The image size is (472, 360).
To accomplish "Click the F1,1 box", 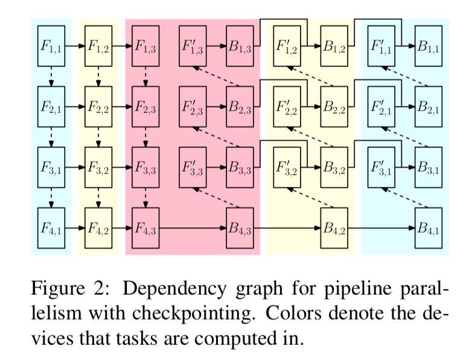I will [x=50, y=45].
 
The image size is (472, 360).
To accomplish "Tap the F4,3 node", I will [x=145, y=228].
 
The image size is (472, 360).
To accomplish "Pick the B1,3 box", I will [x=240, y=45].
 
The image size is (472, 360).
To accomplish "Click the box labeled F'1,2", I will [x=287, y=45].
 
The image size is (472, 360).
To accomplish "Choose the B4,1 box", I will [x=428, y=228].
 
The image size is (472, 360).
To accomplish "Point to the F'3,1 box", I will [x=381, y=167].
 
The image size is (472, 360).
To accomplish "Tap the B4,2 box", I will [x=334, y=228].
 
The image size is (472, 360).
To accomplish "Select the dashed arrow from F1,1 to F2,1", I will [x=51, y=76].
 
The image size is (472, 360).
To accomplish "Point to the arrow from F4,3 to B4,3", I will [x=193, y=228].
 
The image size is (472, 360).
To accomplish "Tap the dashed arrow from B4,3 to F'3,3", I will [x=216, y=198].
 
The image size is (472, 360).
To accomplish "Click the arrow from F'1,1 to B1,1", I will [x=404, y=45].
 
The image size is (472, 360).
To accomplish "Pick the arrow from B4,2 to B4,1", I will [x=381, y=228].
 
